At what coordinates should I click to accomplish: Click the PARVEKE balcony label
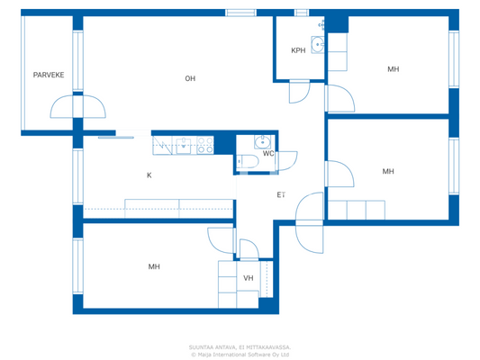47,76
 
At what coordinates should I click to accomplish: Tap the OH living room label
190,78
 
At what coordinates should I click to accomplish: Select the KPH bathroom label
297,50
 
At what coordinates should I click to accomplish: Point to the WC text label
268,153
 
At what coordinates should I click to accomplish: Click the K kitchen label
149,175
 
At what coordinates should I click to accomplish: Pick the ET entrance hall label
281,195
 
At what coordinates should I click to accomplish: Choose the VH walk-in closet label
248,278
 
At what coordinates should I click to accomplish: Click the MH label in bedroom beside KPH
393,69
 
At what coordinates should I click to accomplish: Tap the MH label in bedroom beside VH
154,266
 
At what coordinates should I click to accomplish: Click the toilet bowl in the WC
248,161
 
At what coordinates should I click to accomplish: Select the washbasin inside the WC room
261,141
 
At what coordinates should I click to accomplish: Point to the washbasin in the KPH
317,44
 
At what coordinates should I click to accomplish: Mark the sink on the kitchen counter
182,145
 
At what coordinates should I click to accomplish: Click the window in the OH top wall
240,13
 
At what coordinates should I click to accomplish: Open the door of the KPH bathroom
298,92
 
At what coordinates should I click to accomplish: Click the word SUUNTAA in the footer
203,346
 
